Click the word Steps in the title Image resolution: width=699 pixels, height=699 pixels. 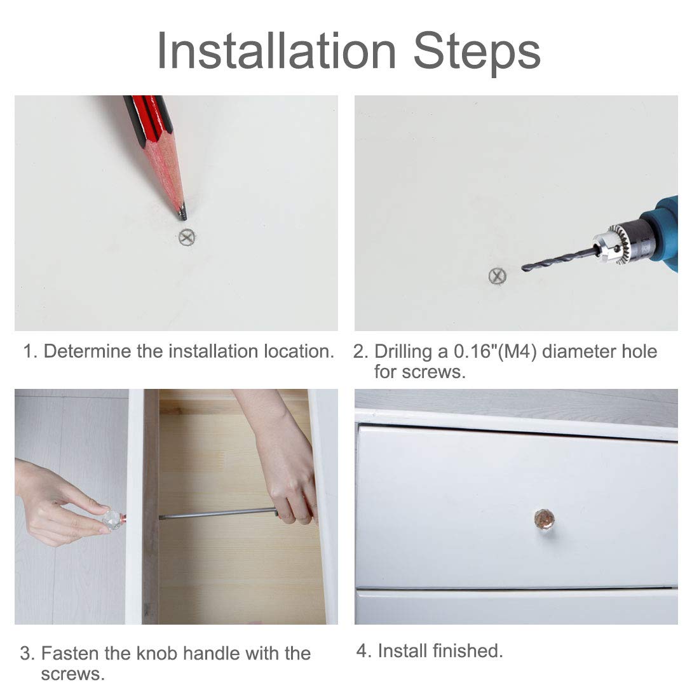click(x=477, y=53)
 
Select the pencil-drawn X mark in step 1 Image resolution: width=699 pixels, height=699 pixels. click(x=187, y=237)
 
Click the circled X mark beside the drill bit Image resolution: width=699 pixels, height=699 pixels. click(x=498, y=276)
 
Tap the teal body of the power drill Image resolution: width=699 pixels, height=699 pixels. click(x=663, y=232)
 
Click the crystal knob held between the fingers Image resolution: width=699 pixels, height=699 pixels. click(x=112, y=519)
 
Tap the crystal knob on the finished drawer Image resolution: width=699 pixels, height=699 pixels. click(x=545, y=519)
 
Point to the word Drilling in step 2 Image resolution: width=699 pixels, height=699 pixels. click(x=403, y=352)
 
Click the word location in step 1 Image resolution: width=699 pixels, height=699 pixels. click(x=299, y=351)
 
